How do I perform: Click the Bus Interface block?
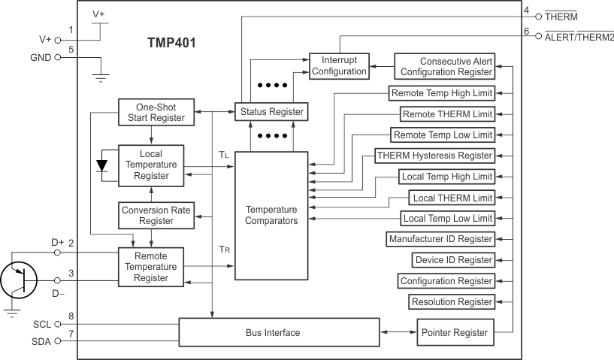tap(278, 332)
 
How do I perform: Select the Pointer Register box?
tap(455, 332)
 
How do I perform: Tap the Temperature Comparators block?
tap(271, 216)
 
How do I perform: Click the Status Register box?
tap(271, 112)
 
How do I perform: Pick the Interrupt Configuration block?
tap(339, 65)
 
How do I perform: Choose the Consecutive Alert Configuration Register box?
tap(445, 66)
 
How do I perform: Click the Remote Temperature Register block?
tap(152, 266)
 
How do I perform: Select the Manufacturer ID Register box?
tap(440, 239)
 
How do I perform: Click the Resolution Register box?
tap(452, 302)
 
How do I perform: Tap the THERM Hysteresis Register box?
tap(434, 156)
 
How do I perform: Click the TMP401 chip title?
tap(171, 43)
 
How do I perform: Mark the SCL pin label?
tap(42, 324)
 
